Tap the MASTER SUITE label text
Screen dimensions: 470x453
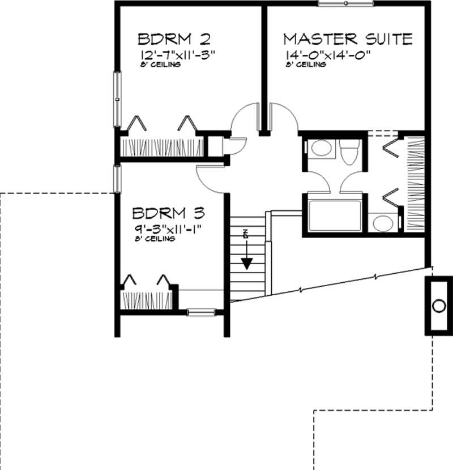coord(347,39)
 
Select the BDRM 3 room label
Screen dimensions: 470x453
coord(168,213)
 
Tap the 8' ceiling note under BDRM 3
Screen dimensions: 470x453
coord(155,239)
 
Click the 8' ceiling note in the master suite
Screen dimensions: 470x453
coord(306,65)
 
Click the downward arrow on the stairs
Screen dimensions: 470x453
coord(246,263)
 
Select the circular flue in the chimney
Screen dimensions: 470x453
coord(438,306)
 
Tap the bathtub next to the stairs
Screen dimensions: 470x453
coord(335,215)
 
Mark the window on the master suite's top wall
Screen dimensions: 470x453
coord(345,4)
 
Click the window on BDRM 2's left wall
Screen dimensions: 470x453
coord(117,100)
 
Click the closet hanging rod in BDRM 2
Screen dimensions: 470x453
coord(160,146)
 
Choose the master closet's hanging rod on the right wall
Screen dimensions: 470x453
coord(416,184)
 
